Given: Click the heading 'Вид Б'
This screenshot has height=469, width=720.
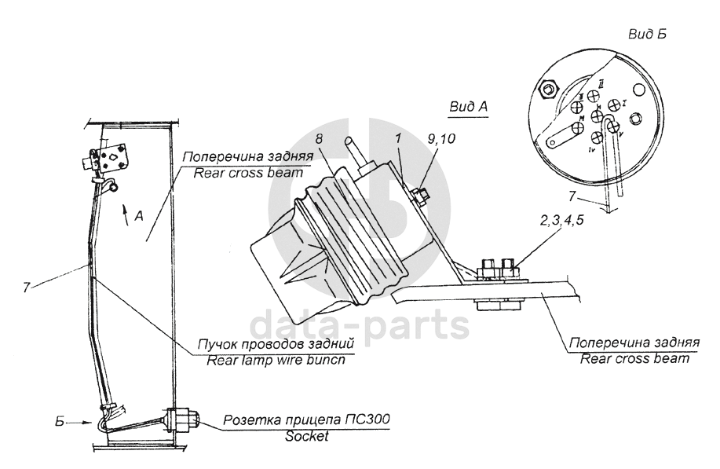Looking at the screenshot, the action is (648, 35).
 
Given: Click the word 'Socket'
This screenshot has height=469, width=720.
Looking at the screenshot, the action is (307, 437).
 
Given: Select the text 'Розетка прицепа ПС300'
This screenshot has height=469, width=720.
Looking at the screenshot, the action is (307, 420).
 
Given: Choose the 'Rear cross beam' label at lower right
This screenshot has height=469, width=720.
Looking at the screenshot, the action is (635, 359).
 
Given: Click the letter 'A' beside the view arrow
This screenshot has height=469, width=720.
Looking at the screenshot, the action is (140, 218).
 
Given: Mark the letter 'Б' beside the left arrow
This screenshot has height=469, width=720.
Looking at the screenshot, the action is (57, 420).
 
